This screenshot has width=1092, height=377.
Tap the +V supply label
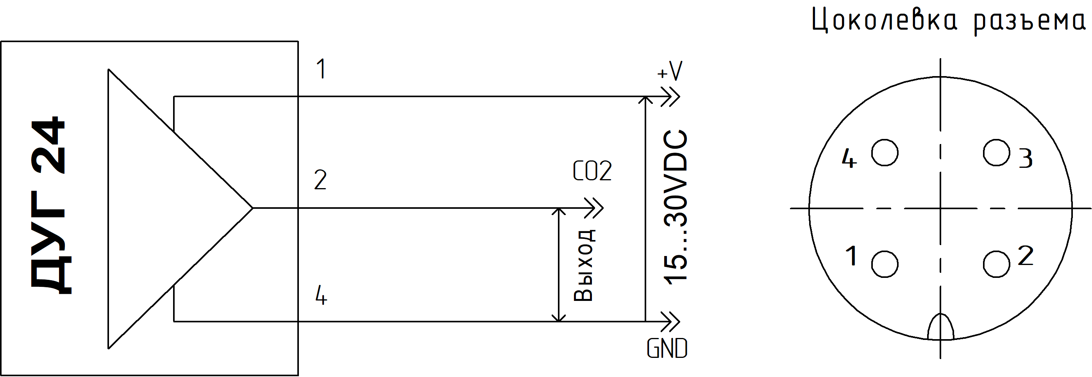click(670, 71)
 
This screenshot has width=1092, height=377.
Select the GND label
click(667, 349)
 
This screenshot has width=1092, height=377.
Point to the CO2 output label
click(592, 171)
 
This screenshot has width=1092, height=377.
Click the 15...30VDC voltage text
click(675, 207)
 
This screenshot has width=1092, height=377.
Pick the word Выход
click(584, 265)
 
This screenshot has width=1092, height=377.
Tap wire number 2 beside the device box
click(320, 180)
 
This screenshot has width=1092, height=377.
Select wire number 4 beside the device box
click(321, 295)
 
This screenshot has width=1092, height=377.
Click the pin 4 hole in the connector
click(885, 153)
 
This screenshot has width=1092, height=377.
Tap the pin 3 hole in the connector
click(997, 153)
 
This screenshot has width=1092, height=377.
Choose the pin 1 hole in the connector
click(885, 264)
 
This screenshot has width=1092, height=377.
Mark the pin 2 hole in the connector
click(997, 264)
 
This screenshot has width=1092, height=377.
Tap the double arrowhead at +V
click(670, 96)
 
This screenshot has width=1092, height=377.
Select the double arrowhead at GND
click(670, 322)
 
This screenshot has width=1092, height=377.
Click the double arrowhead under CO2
click(593, 208)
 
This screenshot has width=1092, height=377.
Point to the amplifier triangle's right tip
click(252, 208)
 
